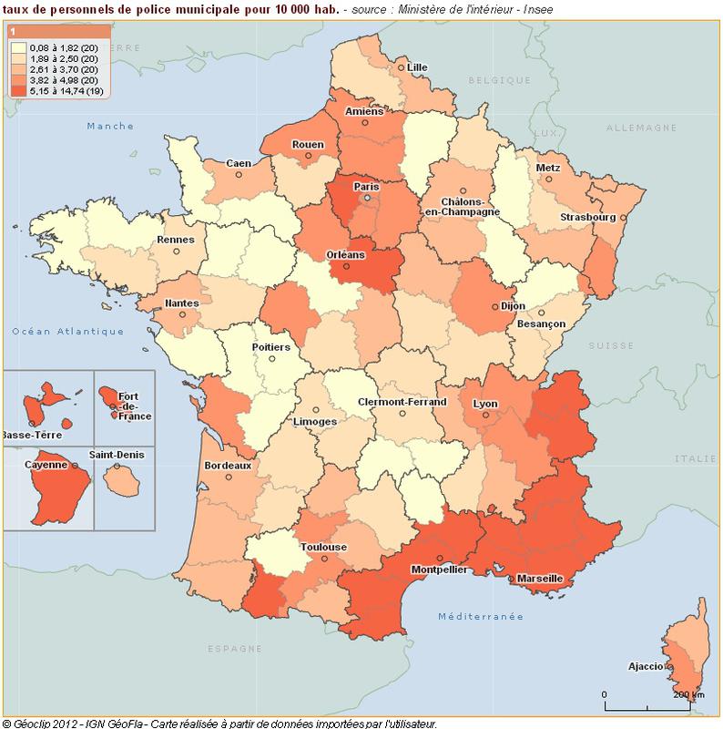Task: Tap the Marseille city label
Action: click(539, 579)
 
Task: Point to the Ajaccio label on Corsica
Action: click(645, 666)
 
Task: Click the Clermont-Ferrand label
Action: click(402, 402)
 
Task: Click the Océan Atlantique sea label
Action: click(67, 332)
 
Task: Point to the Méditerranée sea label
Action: click(481, 617)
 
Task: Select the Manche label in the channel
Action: click(110, 126)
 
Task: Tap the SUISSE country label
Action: click(603, 346)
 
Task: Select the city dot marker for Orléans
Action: click(344, 267)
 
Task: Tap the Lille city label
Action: click(417, 67)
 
